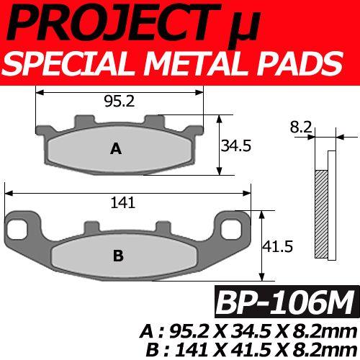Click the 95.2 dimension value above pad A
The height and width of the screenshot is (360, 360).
[x=120, y=102]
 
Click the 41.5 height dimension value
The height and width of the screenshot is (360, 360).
[x=277, y=246]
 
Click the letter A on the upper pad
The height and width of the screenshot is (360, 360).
[x=115, y=149]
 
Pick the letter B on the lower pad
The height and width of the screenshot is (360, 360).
[x=119, y=255]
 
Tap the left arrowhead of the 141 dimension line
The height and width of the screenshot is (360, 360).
[x=9, y=192]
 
